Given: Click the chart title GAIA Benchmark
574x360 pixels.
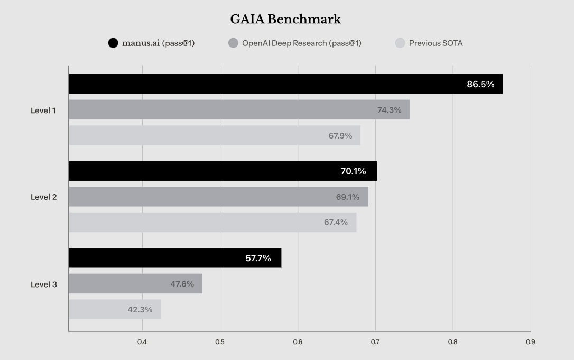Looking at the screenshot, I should (x=285, y=20).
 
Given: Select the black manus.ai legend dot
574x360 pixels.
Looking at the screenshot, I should (x=113, y=43).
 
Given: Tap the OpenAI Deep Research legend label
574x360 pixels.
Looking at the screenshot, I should (x=301, y=43).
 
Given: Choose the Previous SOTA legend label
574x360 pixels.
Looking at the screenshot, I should (x=436, y=43).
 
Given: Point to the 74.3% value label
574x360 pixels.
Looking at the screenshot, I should (x=389, y=110).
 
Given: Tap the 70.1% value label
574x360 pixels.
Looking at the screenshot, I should (x=354, y=171).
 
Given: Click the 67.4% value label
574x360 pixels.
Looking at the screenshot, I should (x=336, y=223).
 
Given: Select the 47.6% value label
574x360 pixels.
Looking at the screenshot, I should (x=182, y=284).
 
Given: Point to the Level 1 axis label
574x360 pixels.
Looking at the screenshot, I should (x=43, y=110).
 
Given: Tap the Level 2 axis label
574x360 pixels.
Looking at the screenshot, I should (x=43, y=197).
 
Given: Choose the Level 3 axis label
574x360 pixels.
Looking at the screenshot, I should (x=43, y=284).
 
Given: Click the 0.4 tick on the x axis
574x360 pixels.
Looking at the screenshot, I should (x=142, y=342).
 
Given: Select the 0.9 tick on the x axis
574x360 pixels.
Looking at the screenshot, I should (x=530, y=342).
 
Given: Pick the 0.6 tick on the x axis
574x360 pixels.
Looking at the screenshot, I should (x=298, y=342).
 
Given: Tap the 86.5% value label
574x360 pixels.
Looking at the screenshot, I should (x=480, y=84).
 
